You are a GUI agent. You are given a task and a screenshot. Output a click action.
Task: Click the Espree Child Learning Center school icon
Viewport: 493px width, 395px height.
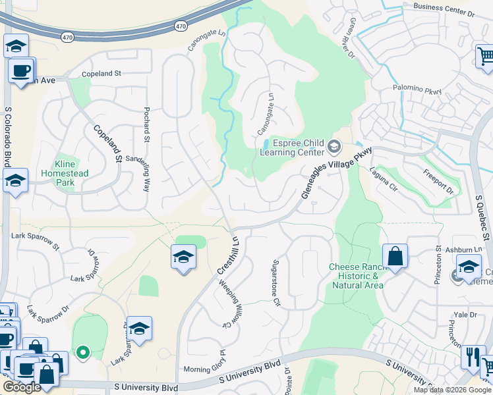pyautogui.click(x=334, y=146)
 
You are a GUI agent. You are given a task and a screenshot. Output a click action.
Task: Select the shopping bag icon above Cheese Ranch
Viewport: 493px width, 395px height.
pyautogui.click(x=395, y=256)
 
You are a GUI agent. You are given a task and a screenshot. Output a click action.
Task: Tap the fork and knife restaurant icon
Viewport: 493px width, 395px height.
pyautogui.click(x=472, y=357)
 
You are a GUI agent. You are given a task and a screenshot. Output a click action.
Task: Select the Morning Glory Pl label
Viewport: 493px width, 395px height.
pyautogui.click(x=205, y=369)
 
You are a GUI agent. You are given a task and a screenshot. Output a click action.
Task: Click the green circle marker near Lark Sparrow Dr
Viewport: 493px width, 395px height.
pyautogui.click(x=82, y=353)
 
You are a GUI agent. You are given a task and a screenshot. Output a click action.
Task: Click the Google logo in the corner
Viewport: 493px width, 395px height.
pyautogui.click(x=22, y=387)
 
